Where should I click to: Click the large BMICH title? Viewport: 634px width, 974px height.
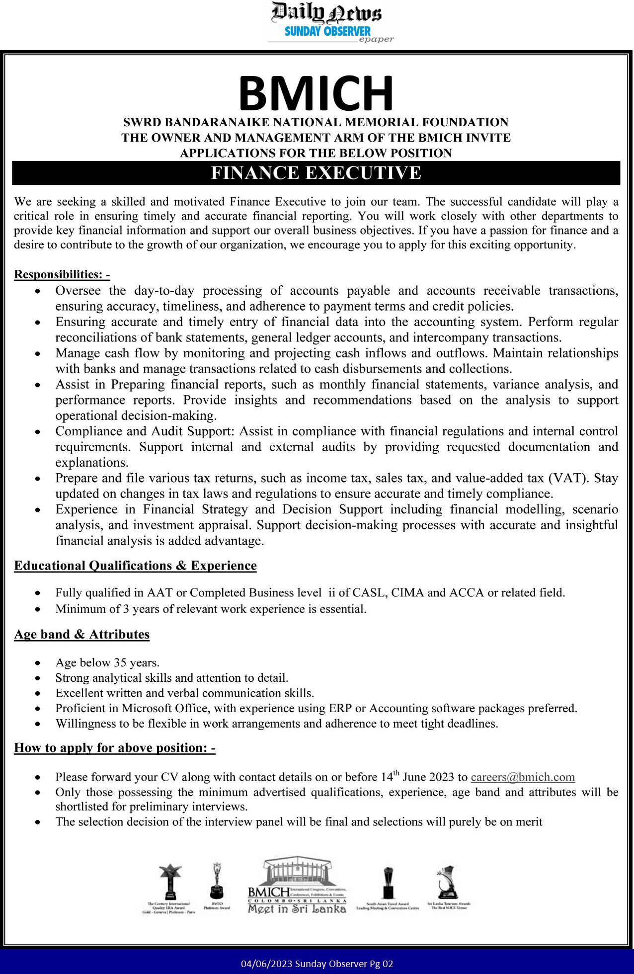pyautogui.click(x=317, y=93)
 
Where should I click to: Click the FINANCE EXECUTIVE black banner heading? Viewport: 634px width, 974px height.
pyautogui.click(x=316, y=173)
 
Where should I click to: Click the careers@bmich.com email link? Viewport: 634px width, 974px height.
pyautogui.click(x=523, y=777)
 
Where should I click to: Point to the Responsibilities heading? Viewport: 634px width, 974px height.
pyautogui.click(x=62, y=274)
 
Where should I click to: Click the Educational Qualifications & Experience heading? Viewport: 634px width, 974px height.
pyautogui.click(x=135, y=566)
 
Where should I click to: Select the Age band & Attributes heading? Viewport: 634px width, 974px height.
pyautogui.click(x=81, y=634)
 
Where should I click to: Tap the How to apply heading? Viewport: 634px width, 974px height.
pyautogui.click(x=114, y=747)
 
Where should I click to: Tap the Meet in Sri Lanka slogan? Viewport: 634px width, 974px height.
pyautogui.click(x=297, y=909)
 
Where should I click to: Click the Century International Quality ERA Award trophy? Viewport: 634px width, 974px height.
pyautogui.click(x=170, y=881)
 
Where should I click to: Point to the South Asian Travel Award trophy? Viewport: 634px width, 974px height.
pyautogui.click(x=388, y=883)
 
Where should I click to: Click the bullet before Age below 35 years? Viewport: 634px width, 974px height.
pyautogui.click(x=38, y=663)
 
